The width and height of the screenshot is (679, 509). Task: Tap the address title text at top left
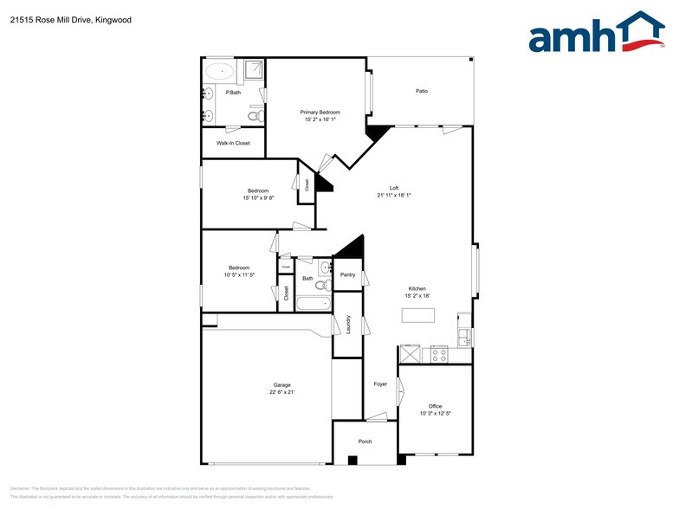click(70, 19)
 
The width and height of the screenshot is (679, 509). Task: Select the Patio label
click(422, 91)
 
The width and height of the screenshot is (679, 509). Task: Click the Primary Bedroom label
click(320, 113)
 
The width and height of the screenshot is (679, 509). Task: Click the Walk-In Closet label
click(233, 143)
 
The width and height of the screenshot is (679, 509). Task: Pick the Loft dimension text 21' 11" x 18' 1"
click(393, 196)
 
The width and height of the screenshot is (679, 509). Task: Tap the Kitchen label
click(417, 288)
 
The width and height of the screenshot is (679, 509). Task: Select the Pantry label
click(347, 275)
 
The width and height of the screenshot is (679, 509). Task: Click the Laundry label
click(347, 324)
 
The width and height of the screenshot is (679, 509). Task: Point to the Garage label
click(281, 385)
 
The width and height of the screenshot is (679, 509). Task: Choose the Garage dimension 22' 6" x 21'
click(281, 393)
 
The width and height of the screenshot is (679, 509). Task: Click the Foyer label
click(380, 384)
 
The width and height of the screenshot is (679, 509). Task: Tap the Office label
click(435, 406)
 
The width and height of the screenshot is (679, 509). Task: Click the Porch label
click(365, 441)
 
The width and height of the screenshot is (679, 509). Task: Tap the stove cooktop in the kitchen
click(439, 353)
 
